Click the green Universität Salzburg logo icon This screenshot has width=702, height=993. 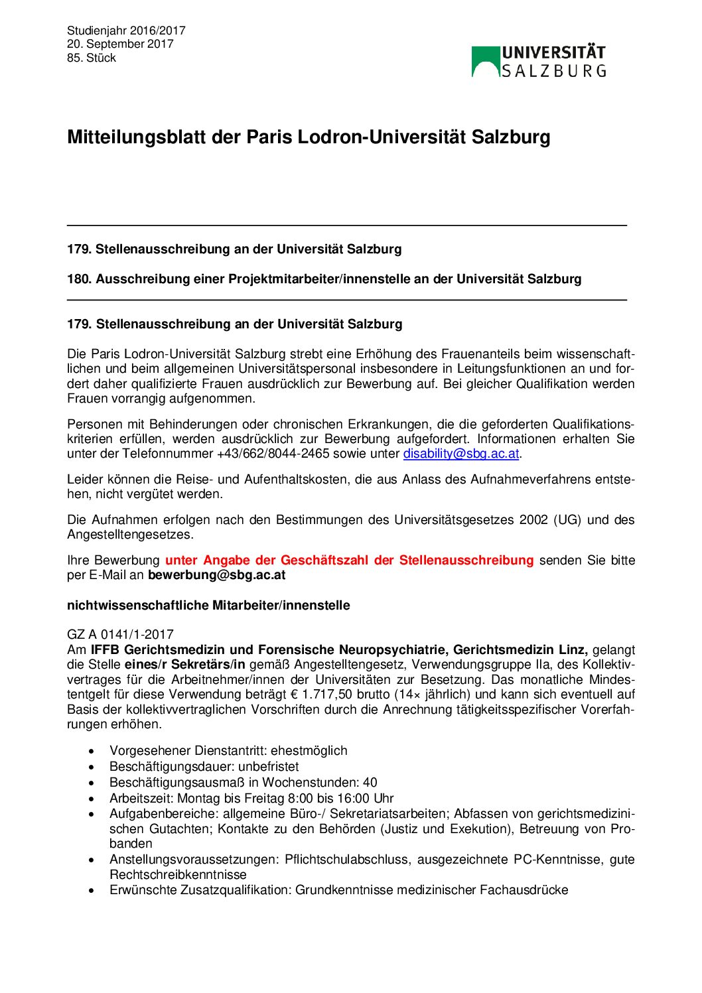click(x=485, y=61)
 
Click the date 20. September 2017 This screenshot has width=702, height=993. click(x=120, y=44)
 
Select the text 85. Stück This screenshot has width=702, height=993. click(x=92, y=58)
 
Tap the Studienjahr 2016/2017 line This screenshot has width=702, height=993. click(x=126, y=31)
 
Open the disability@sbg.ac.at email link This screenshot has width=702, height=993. click(x=461, y=454)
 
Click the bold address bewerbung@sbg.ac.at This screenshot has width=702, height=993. click(x=216, y=575)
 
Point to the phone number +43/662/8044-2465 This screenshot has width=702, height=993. click(x=273, y=454)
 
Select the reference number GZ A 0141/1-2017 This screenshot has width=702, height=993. click(x=120, y=635)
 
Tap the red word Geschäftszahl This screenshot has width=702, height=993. click(x=324, y=561)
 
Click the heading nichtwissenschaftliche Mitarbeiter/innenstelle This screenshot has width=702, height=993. click(x=208, y=606)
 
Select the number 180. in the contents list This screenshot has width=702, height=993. click(x=79, y=279)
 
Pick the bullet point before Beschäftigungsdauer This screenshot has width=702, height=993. click(x=92, y=767)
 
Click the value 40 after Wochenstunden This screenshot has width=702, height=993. click(x=370, y=783)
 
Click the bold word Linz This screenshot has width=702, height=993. click(x=573, y=650)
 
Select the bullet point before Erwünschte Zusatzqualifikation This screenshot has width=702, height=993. click(x=92, y=890)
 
